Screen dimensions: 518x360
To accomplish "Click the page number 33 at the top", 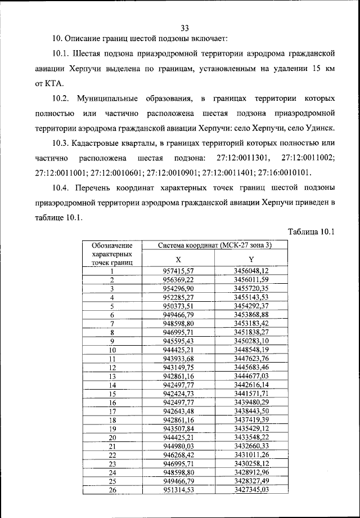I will pyautogui.click(x=184, y=28).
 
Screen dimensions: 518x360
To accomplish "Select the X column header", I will pyautogui.click(x=178, y=259).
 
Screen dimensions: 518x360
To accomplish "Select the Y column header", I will pyautogui.click(x=251, y=259).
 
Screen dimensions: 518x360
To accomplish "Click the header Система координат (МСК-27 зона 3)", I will pyautogui.click(x=214, y=245).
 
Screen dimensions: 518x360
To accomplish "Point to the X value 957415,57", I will pyautogui.click(x=178, y=271).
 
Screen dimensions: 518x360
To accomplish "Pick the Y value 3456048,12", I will pyautogui.click(x=251, y=271).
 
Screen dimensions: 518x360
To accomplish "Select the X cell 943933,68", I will pyautogui.click(x=178, y=358).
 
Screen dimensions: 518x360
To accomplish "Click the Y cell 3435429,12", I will pyautogui.click(x=251, y=428).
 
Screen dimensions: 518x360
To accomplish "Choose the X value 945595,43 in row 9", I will pyautogui.click(x=178, y=341).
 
